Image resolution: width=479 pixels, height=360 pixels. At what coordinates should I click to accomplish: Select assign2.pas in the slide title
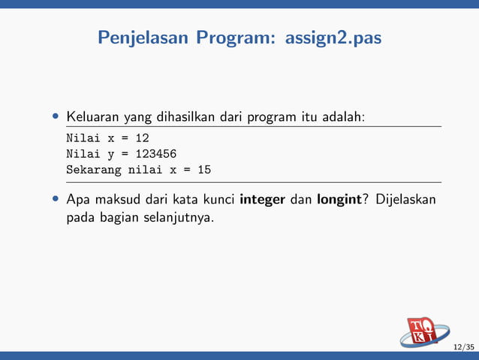pos(333,37)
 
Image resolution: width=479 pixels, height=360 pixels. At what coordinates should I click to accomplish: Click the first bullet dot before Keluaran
pos(56,118)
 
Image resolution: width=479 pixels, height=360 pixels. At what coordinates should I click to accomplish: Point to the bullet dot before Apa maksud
pos(56,201)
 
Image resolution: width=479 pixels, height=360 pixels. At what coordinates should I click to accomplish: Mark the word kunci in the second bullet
pos(215,201)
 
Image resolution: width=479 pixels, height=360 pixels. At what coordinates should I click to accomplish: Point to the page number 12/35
pos(463,346)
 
